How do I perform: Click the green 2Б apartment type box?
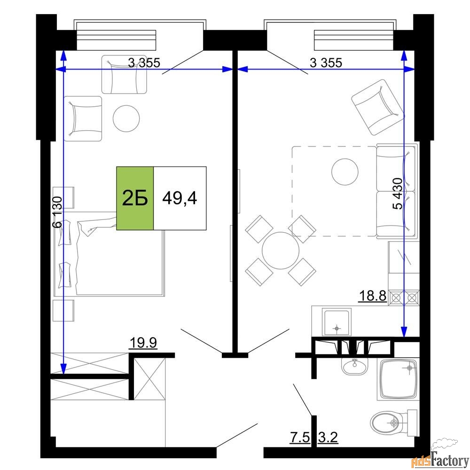pyautogui.click(x=135, y=198)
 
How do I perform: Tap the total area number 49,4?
pyautogui.click(x=180, y=198)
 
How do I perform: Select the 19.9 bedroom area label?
pyautogui.click(x=143, y=342)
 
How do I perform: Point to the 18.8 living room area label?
pyautogui.click(x=373, y=296)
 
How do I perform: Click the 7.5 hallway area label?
pyautogui.click(x=300, y=437)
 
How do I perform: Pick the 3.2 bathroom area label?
pyautogui.click(x=328, y=437)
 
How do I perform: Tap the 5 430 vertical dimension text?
pyautogui.click(x=398, y=194)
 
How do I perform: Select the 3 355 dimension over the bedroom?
pyautogui.click(x=144, y=63)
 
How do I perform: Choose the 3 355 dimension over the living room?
pyautogui.click(x=326, y=63)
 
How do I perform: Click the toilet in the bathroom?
pyautogui.click(x=394, y=423)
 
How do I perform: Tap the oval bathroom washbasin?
pyautogui.click(x=355, y=366)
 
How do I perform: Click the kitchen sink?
pyautogui.click(x=337, y=321)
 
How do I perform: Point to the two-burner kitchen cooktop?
pyautogui.click(x=404, y=298)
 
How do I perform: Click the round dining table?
pyautogui.click(x=281, y=251)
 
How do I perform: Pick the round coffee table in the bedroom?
pyautogui.click(x=126, y=118)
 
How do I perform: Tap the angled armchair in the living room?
pyautogui.click(x=378, y=107)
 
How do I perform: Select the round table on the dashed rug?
pyautogui.click(x=345, y=172)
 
